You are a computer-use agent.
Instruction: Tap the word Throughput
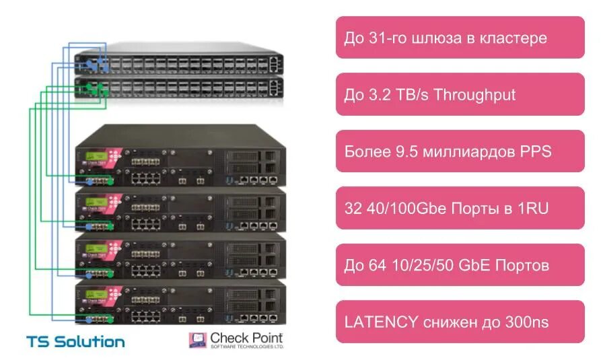pos(475,95)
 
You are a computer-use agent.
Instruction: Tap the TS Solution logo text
pos(75,341)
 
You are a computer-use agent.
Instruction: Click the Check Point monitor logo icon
pos(197,340)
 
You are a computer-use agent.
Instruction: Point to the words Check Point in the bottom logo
pos(246,337)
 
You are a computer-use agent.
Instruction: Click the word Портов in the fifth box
pos(522,265)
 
